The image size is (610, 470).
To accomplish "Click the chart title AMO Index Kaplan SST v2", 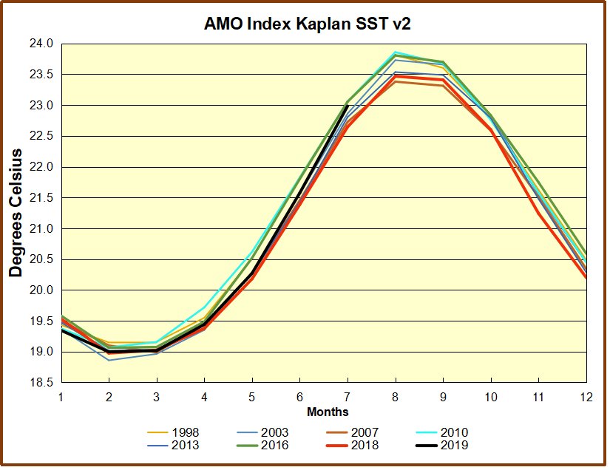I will click(x=307, y=24).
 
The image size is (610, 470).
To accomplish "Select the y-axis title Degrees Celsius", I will click(x=16, y=213).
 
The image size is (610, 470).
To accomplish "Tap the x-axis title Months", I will click(x=328, y=412).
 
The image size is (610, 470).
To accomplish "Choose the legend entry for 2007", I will click(x=363, y=432).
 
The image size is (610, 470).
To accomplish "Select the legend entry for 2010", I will click(x=453, y=432).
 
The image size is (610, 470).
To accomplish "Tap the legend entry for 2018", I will click(x=363, y=445).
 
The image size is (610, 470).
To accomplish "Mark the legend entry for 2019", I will click(x=453, y=445).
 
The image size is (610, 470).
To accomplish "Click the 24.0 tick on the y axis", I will click(x=43, y=44).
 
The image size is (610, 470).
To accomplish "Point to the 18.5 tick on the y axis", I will click(x=43, y=383).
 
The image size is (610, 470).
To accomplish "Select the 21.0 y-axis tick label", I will click(x=43, y=228).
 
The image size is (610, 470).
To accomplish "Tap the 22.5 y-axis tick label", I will click(x=43, y=136).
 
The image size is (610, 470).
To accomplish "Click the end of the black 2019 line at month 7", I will click(x=348, y=106).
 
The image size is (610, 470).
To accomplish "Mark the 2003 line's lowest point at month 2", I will click(x=109, y=360).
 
